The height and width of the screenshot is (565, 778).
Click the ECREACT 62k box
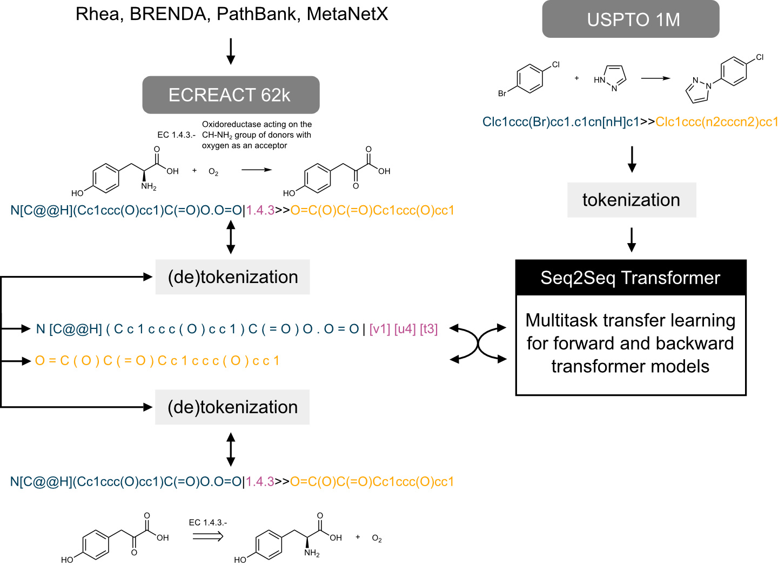231,95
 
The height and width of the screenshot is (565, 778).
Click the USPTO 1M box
631,19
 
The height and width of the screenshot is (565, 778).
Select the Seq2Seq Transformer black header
631,278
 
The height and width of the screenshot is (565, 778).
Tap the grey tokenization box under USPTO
631,200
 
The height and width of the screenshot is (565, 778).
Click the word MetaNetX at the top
347,14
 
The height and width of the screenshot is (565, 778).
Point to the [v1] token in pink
380,328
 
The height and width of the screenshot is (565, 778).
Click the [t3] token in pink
428,328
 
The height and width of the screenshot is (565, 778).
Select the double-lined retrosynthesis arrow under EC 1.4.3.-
208,536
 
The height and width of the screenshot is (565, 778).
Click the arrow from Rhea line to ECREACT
231,51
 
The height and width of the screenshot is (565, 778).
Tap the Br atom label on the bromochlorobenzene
502,93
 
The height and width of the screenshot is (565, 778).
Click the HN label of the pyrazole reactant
599,80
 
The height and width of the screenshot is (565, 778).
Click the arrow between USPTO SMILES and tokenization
632,159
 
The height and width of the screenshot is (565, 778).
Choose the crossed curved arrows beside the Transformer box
479,343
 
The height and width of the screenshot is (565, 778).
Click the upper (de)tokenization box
232,277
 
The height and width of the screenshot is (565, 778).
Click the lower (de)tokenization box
232,407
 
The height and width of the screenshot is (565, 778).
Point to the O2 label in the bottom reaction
377,539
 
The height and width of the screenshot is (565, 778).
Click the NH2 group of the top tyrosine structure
149,186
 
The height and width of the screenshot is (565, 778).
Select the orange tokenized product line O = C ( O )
157,361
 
